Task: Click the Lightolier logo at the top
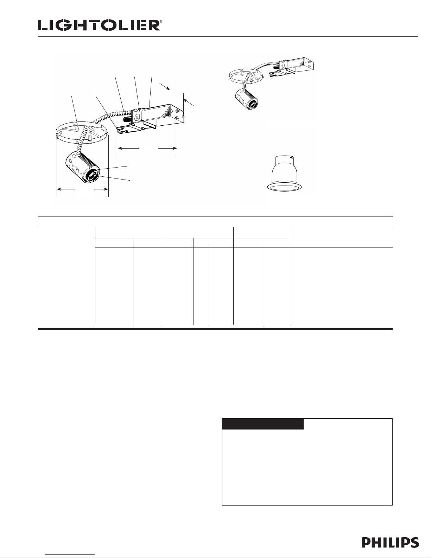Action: pos(99,25)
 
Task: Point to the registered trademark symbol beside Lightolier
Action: pos(161,21)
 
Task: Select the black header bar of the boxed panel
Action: pos(263,424)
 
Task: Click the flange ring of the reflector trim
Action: pos(285,187)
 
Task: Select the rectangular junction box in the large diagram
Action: pos(158,115)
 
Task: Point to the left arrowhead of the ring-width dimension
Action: pos(59,189)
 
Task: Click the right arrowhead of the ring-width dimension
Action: pos(106,189)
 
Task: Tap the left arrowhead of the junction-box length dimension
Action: pos(120,148)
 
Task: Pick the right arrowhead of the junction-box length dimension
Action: pos(175,148)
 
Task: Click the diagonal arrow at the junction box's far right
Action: pos(189,102)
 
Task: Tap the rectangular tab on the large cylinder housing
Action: pos(76,170)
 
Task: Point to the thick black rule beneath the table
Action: pos(215,329)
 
